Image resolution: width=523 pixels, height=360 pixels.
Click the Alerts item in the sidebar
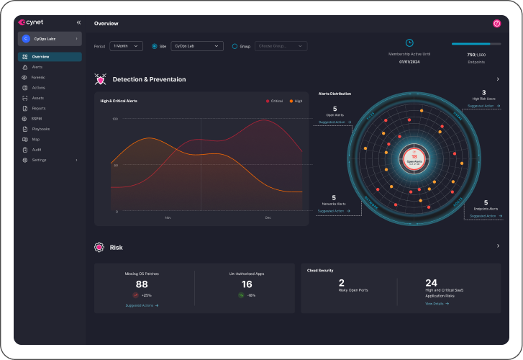(x=37, y=67)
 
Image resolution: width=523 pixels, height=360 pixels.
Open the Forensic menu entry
(x=39, y=77)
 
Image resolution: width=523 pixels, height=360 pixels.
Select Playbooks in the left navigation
(x=41, y=129)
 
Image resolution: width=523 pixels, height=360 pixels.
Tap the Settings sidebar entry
(x=40, y=160)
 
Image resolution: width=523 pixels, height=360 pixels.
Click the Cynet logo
(x=31, y=22)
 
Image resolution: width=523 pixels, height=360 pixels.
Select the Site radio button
(x=155, y=46)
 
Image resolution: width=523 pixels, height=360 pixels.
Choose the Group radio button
(x=235, y=46)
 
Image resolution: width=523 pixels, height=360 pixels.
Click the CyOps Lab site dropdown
(x=196, y=46)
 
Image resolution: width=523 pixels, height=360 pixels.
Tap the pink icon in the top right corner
(x=496, y=23)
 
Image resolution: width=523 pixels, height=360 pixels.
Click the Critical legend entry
(x=275, y=101)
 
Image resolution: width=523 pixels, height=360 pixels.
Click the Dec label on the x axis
(x=268, y=217)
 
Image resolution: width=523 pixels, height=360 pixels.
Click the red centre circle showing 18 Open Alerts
(x=414, y=157)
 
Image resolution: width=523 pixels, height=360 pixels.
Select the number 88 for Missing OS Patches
(x=142, y=284)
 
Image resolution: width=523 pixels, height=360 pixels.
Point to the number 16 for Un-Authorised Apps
(x=247, y=284)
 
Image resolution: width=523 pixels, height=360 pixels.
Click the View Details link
(x=436, y=304)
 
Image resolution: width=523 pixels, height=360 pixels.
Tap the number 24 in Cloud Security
(x=432, y=283)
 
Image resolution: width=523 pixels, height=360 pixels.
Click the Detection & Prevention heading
(x=149, y=79)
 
